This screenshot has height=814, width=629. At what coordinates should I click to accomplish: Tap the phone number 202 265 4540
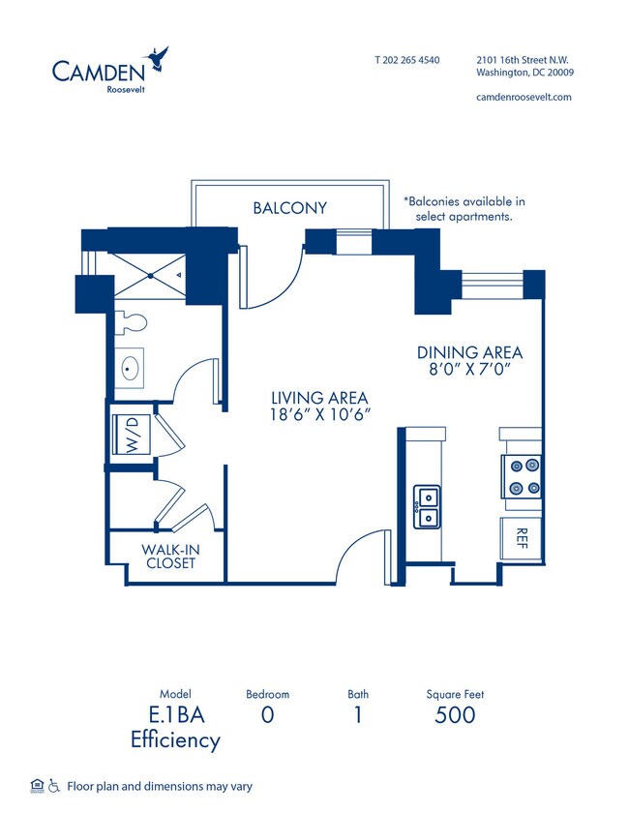click(x=406, y=60)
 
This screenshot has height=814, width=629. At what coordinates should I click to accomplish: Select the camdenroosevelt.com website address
click(x=524, y=97)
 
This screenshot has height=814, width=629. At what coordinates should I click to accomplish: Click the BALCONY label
click(x=289, y=207)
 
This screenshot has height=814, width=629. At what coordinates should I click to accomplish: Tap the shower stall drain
click(x=152, y=275)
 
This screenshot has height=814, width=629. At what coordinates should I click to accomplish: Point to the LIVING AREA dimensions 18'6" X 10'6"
click(x=320, y=414)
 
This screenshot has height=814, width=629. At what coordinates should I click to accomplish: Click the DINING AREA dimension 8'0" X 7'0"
click(x=469, y=369)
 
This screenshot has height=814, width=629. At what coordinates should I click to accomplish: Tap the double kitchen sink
click(x=426, y=507)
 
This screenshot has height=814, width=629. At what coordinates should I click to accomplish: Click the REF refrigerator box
click(x=520, y=537)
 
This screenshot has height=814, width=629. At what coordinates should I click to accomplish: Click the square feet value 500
click(x=455, y=715)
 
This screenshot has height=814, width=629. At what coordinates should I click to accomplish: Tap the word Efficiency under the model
click(x=175, y=740)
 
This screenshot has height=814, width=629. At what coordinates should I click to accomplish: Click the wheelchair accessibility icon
click(x=53, y=786)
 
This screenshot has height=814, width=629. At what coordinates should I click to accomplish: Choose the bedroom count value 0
click(x=267, y=715)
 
